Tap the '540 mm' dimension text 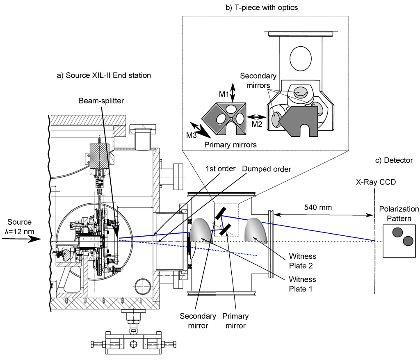(x=319, y=207)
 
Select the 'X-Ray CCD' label (x=376, y=182)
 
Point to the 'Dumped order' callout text (x=267, y=169)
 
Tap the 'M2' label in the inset (x=257, y=124)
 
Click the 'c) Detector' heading (x=394, y=160)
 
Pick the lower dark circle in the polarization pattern (x=407, y=241)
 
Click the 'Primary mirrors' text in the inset (x=231, y=145)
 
